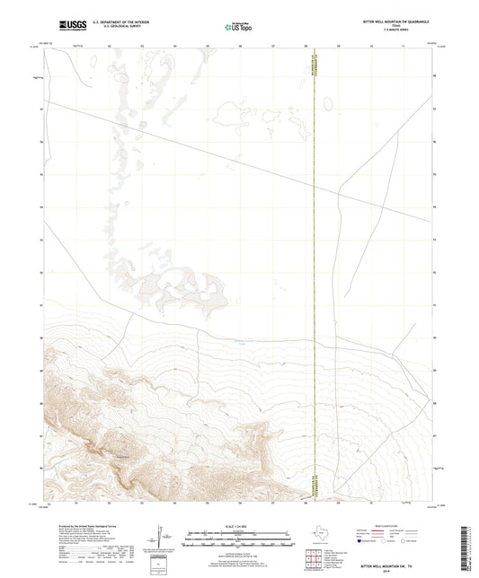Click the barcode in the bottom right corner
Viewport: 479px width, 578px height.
pos(470,547)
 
